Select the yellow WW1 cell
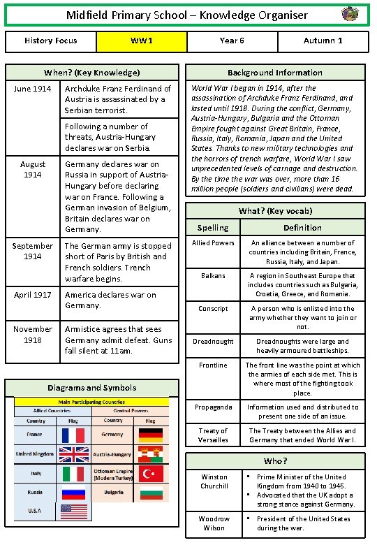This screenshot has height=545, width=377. pyautogui.click(x=141, y=41)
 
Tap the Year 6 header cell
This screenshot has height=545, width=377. pyautogui.click(x=232, y=41)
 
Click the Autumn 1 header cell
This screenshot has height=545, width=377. pyautogui.click(x=323, y=41)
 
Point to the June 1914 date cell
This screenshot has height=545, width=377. pyautogui.click(x=32, y=89)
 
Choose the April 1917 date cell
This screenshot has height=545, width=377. pyautogui.click(x=32, y=295)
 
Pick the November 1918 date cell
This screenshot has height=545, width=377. pyautogui.click(x=32, y=334)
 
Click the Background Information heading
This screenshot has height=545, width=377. pyautogui.click(x=275, y=73)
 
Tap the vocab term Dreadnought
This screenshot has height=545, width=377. pyautogui.click(x=213, y=341)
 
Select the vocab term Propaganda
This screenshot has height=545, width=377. pyautogui.click(x=213, y=407)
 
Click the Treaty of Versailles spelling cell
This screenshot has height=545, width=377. pyautogui.click(x=213, y=435)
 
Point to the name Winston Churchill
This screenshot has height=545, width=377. pyautogui.click(x=214, y=481)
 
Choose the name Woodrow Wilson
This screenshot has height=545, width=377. pyautogui.click(x=214, y=523)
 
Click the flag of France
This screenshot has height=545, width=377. pyautogui.click(x=73, y=435)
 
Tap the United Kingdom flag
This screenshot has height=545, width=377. pyautogui.click(x=73, y=455)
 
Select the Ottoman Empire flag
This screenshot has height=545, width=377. pyautogui.click(x=151, y=474)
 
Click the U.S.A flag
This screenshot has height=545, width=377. pyautogui.click(x=73, y=511)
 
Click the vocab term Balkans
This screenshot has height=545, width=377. pyautogui.click(x=213, y=275)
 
